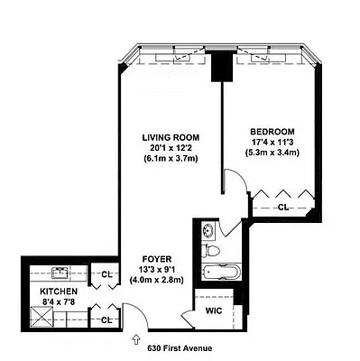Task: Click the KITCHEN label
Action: point(58,292)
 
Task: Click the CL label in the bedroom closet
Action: point(283,208)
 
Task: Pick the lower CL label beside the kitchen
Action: point(106,319)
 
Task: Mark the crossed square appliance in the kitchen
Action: point(41,316)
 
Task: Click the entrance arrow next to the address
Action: point(136,342)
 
